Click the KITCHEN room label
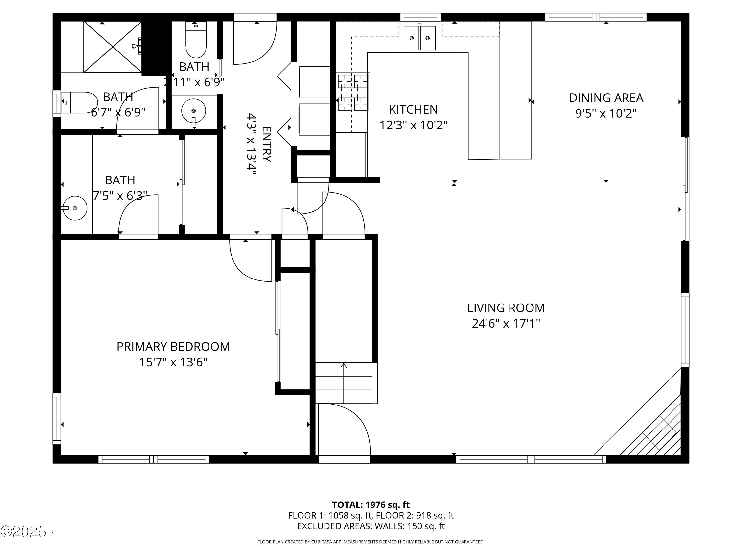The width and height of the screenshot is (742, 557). tap(413, 110)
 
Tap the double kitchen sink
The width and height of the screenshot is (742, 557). tap(419, 38)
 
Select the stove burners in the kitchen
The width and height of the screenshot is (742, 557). tap(353, 93)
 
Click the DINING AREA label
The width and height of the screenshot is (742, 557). tap(606, 98)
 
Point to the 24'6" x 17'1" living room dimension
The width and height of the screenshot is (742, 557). tap(506, 324)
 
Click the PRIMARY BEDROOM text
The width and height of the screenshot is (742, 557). tap(173, 347)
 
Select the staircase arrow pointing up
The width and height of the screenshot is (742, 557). tap(344, 366)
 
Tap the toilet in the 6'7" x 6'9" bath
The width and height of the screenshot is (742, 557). tap(80, 102)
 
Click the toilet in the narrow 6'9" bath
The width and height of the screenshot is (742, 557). tap(196, 42)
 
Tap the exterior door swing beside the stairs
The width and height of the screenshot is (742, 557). tap(344, 430)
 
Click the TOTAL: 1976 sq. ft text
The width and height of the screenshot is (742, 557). tap(371, 505)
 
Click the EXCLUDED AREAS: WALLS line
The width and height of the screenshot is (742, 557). tap(371, 526)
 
